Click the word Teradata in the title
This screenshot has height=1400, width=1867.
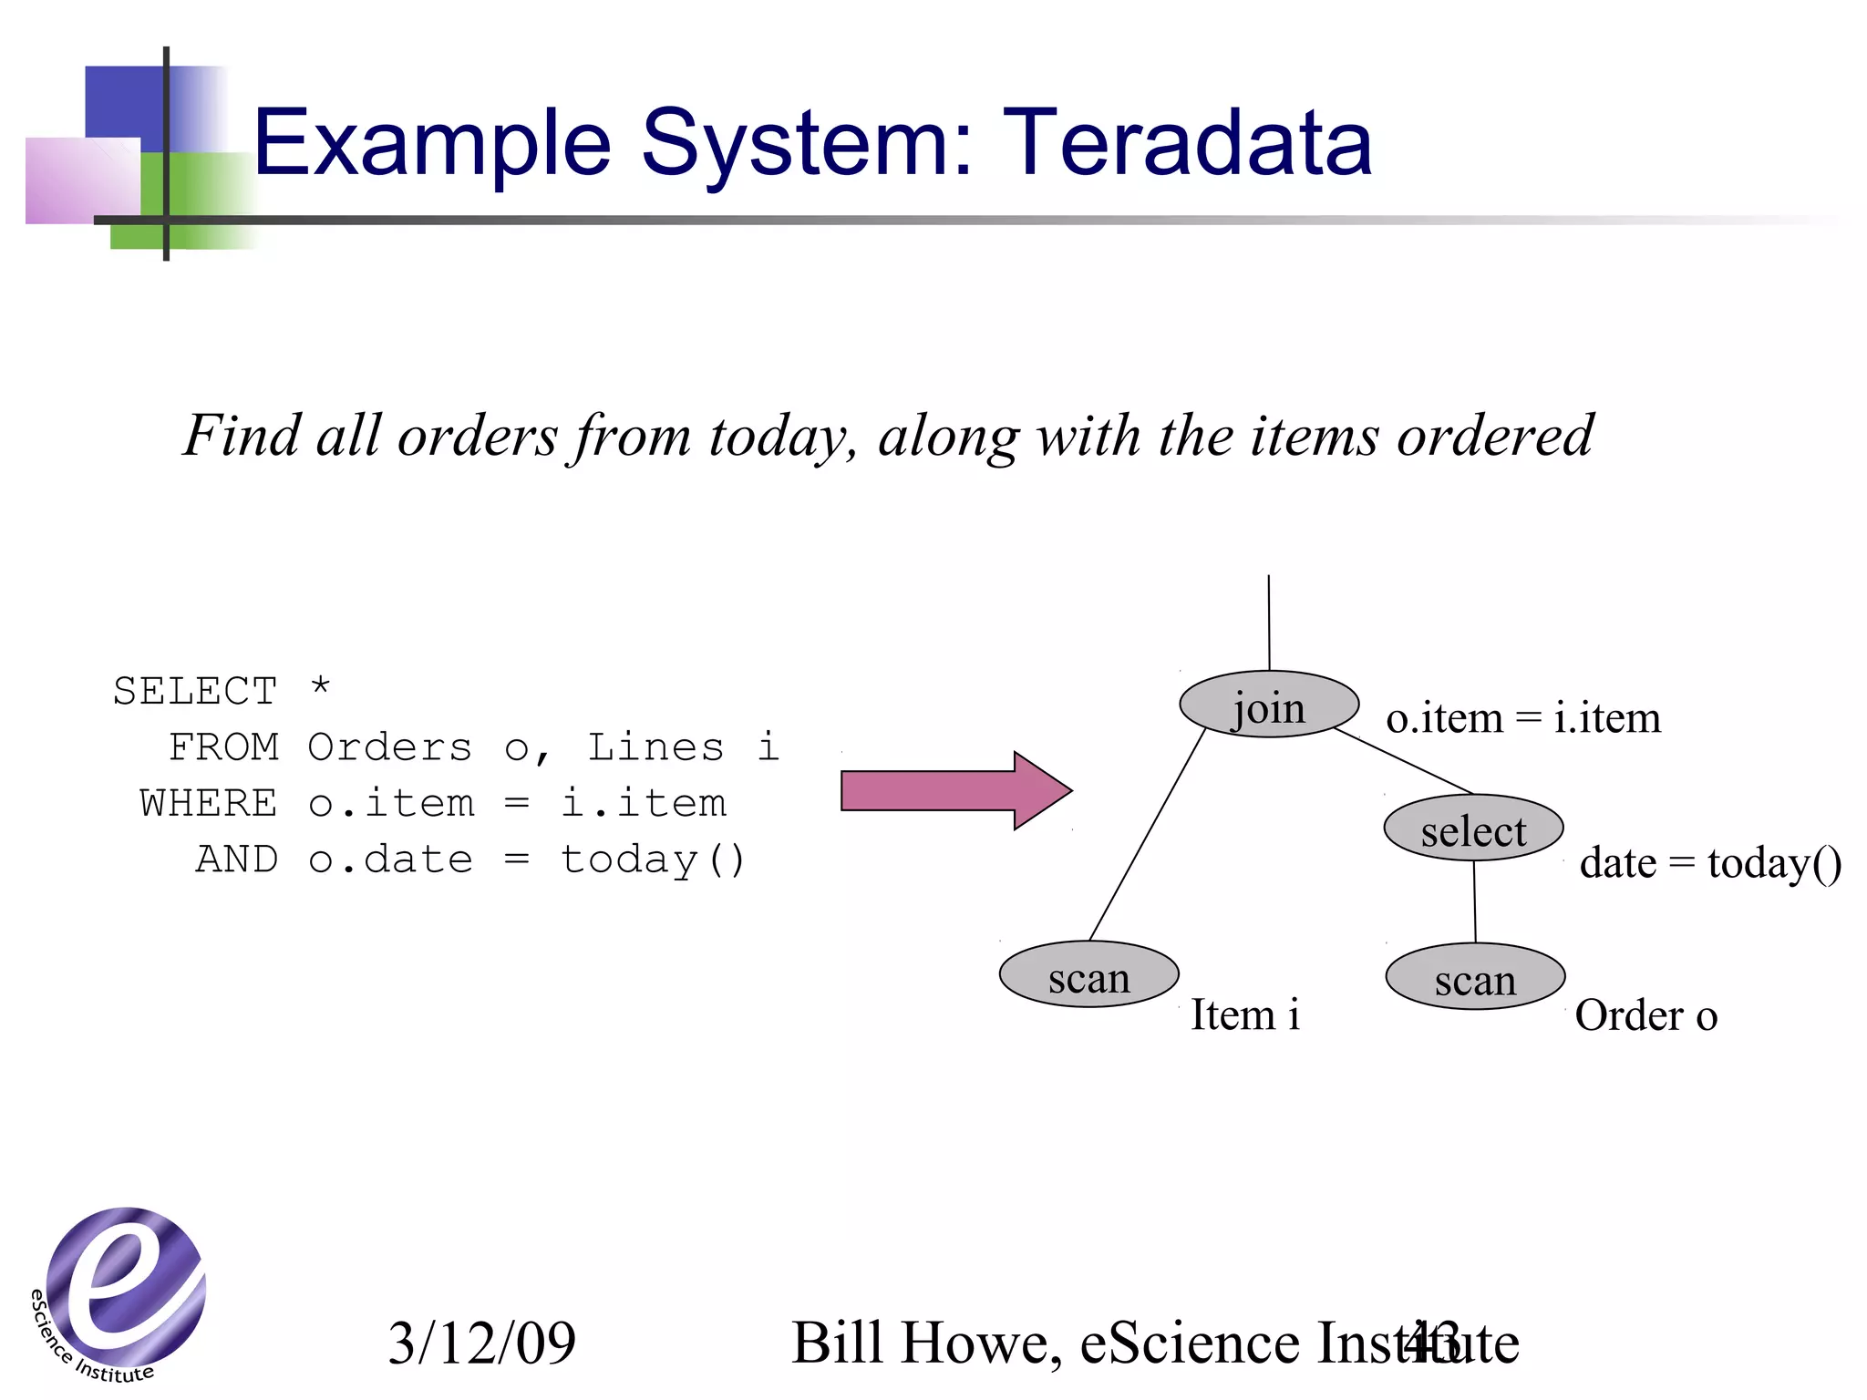1187,144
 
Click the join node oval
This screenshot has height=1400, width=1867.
1269,705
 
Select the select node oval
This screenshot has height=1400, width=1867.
1473,829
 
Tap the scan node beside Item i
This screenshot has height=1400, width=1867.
1088,974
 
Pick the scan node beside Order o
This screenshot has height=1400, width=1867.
1475,976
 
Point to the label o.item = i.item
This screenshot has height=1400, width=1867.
1522,718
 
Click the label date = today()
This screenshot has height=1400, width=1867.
1710,862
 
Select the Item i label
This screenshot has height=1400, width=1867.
1245,1014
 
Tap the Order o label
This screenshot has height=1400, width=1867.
1645,1014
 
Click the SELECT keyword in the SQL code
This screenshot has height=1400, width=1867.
195,691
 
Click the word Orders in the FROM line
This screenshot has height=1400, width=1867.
390,747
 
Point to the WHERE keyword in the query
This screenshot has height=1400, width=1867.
209,804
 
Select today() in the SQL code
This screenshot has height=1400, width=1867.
653,860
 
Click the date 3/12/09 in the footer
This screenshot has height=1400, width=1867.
481,1343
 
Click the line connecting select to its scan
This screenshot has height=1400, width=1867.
1475,902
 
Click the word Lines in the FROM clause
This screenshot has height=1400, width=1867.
656,747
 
